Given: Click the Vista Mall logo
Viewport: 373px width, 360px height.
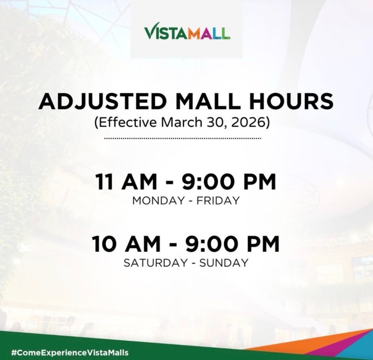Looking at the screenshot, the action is (187, 31).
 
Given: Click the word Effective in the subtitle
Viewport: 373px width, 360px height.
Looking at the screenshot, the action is (126, 122).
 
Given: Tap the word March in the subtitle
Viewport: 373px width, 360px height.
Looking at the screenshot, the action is (182, 122).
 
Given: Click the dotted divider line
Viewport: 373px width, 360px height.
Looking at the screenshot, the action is (183, 138).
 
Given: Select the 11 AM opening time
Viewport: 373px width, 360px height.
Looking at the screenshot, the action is (126, 181).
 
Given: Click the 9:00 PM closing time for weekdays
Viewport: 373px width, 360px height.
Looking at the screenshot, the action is (229, 181).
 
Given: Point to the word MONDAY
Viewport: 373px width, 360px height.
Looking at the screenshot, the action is (158, 200).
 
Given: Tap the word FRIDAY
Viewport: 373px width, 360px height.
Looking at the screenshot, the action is (218, 200).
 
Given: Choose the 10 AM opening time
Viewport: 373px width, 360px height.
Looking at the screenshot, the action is (126, 244).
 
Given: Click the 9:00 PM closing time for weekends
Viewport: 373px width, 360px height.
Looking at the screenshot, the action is (232, 244).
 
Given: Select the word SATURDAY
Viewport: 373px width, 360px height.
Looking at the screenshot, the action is (156, 263).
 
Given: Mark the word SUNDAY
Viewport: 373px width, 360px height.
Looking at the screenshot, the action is (224, 263).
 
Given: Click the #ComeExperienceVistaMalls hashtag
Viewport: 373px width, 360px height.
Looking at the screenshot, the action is (70, 352).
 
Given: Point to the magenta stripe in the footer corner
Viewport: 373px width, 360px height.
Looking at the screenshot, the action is (342, 347).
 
